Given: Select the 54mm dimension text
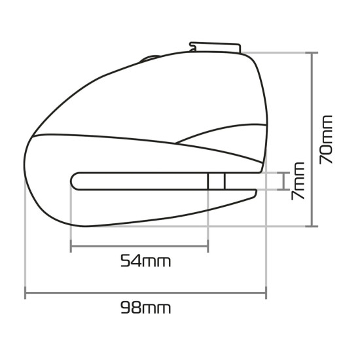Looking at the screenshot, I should [145, 261].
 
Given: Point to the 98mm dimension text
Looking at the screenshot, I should [145, 307].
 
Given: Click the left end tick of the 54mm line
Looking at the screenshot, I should [70, 247].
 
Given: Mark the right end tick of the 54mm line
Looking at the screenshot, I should [208, 247].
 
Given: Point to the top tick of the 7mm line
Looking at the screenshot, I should [283, 173].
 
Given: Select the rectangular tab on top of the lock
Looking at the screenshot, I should [216, 47].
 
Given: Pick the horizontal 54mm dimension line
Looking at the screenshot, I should [139, 247].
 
